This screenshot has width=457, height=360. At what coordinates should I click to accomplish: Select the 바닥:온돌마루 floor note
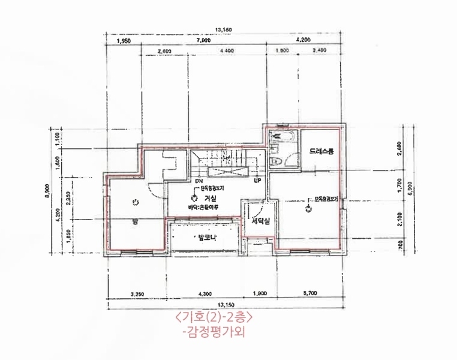(203, 208)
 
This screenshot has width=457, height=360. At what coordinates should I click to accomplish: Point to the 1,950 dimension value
(124, 41)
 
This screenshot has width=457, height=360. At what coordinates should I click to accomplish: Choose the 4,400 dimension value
(227, 52)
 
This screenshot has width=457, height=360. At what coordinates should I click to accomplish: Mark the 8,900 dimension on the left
(47, 191)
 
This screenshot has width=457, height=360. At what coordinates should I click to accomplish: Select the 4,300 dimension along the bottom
(205, 294)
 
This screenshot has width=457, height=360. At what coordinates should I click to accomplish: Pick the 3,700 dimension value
(311, 294)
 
